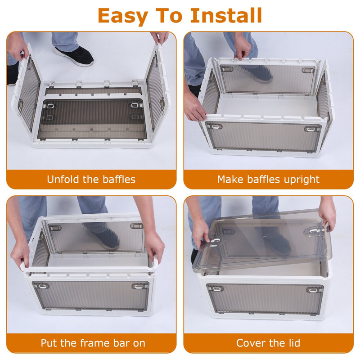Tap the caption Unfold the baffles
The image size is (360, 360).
[x=91, y=179]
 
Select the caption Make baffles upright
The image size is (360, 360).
[x=268, y=179]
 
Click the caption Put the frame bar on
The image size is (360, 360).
[x=93, y=343]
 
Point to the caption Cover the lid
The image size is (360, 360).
[x=268, y=343]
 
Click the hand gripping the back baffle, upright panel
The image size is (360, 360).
[x=242, y=46]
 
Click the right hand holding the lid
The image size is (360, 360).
[x=327, y=213]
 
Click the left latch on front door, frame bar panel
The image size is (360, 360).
[x=43, y=286]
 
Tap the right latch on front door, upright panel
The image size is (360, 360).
[x=311, y=129]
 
